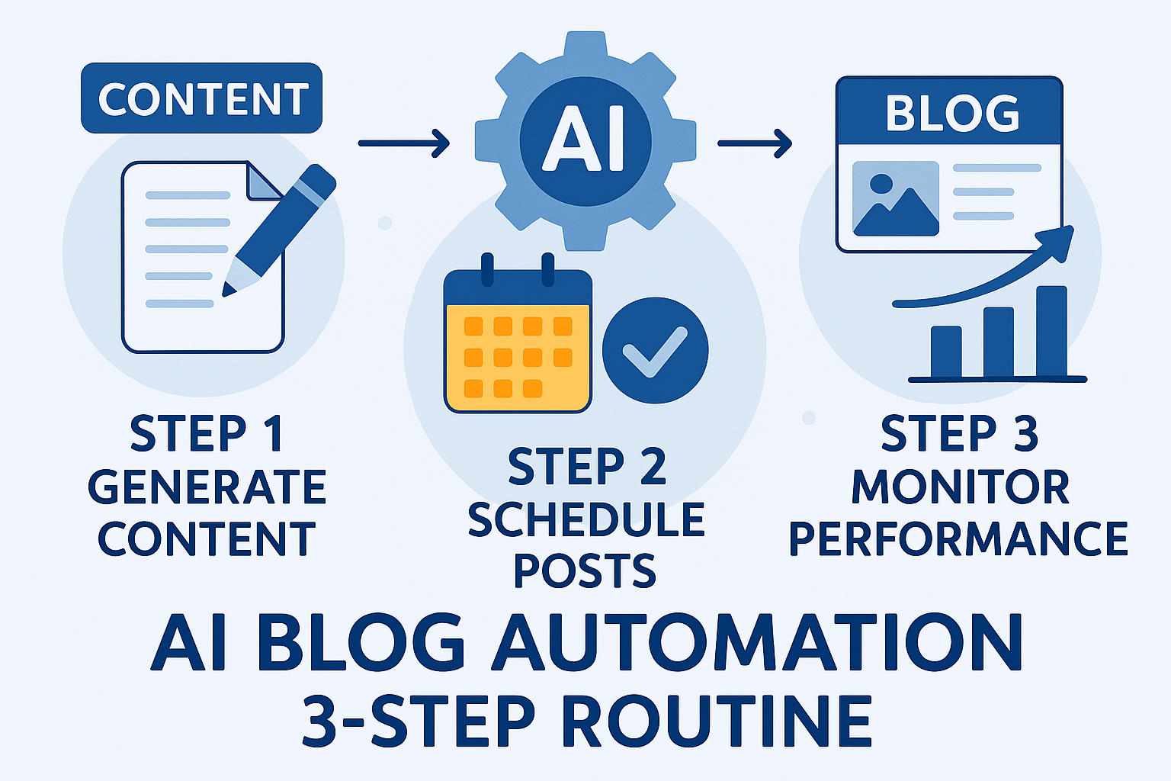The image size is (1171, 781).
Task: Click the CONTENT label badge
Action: click(x=201, y=98)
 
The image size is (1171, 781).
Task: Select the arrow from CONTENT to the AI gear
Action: click(x=403, y=142)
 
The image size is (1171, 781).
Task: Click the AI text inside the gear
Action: click(x=585, y=140)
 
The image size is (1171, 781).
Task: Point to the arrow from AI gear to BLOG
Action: click(x=754, y=142)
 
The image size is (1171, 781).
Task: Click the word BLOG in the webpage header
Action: click(x=951, y=114)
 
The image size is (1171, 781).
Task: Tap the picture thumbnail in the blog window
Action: click(x=895, y=198)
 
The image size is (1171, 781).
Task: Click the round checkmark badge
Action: click(x=655, y=350)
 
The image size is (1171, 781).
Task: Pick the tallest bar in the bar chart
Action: click(x=1051, y=332)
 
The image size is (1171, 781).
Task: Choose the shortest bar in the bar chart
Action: click(x=946, y=352)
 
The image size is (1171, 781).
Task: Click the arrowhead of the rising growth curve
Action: click(x=1062, y=240)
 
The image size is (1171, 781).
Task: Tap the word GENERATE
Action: click(x=207, y=487)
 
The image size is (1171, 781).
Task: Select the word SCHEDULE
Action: click(x=585, y=520)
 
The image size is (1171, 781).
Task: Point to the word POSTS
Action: click(x=585, y=570)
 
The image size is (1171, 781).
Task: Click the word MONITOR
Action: click(x=960, y=487)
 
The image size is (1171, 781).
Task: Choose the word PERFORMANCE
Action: click(x=958, y=538)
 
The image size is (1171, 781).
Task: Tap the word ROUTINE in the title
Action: click(x=717, y=721)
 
